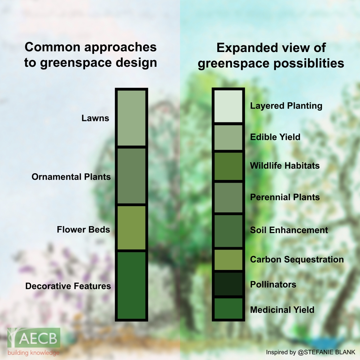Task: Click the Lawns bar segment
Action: coord(131,118)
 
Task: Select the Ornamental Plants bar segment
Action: coord(131,176)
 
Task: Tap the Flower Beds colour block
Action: coord(131,227)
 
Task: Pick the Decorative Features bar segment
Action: coord(131,285)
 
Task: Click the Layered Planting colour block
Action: coord(228,106)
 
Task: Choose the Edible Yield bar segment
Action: coord(228,137)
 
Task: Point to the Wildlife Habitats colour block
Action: coord(228,166)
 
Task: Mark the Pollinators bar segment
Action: coord(228,284)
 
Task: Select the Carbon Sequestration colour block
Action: coord(228,260)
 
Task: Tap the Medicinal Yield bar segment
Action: coord(228,308)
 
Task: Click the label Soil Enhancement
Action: coord(289,230)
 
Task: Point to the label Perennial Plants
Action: coord(285,197)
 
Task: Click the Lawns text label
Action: coord(95,118)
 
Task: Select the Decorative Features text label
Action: coord(68,286)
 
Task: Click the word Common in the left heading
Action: coord(52,47)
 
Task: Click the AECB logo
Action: coord(34,337)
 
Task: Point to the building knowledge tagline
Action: coord(33,353)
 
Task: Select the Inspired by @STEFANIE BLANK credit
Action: coord(310,352)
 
